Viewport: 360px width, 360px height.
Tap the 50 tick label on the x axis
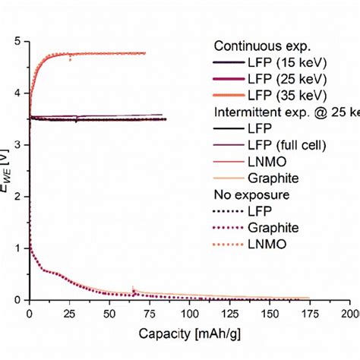(x=109, y=313)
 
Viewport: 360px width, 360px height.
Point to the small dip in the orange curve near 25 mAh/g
(x=70, y=58)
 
